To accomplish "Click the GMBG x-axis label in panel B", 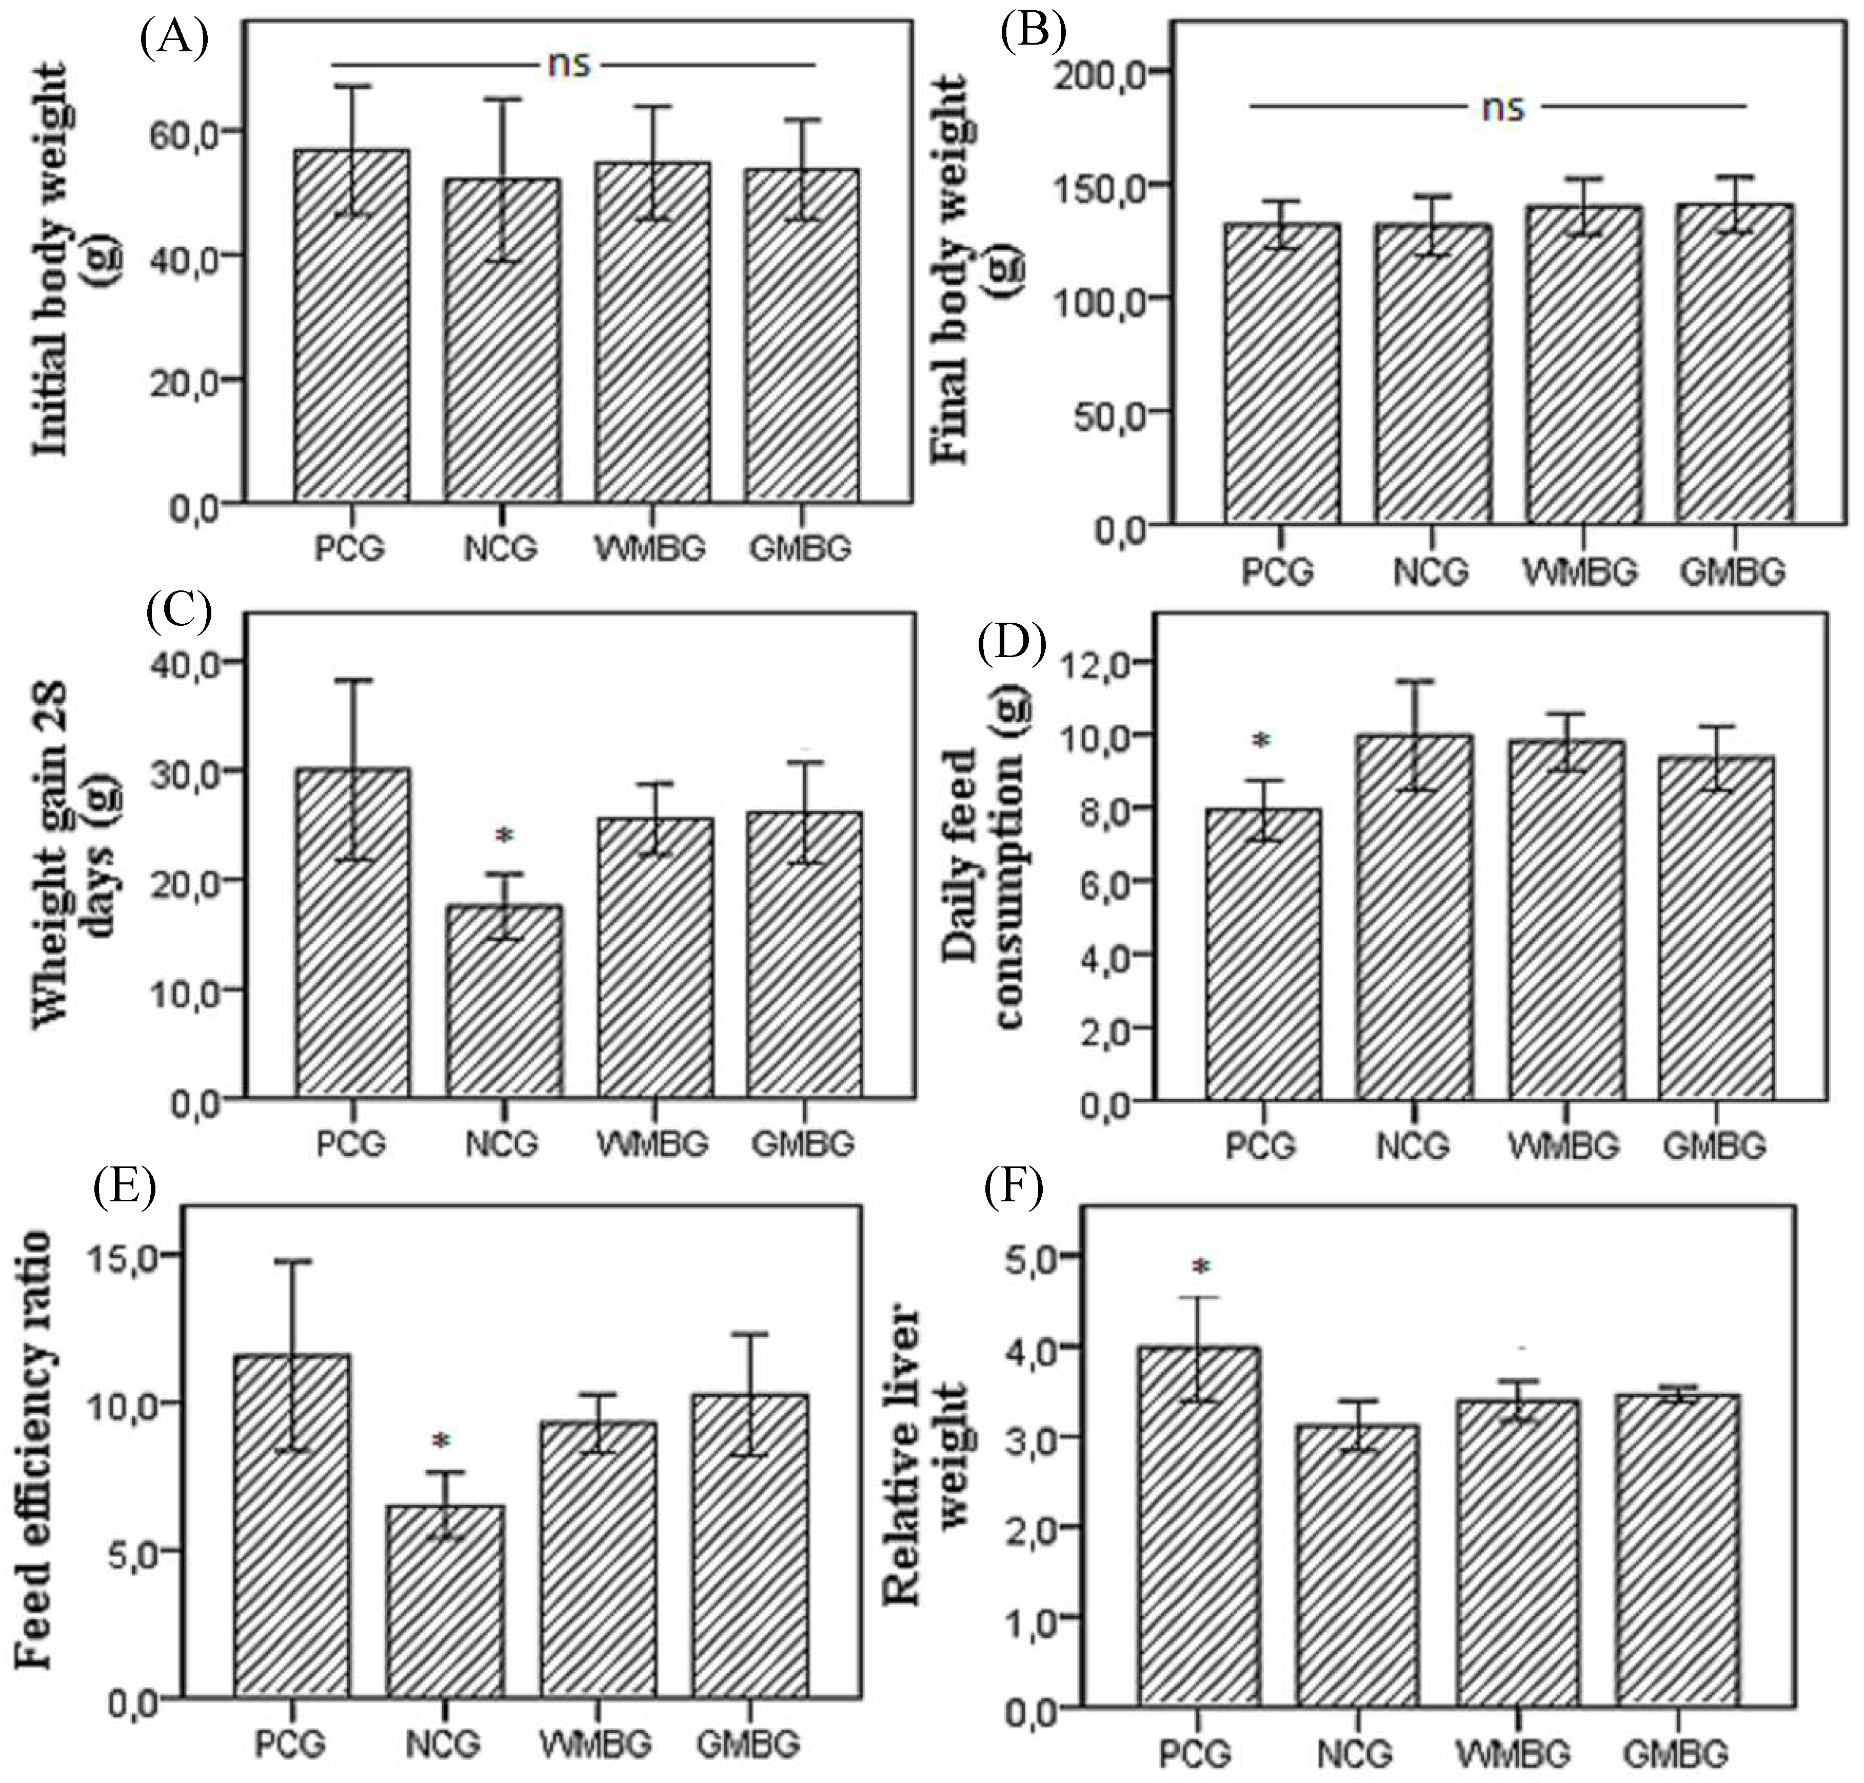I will click(1731, 571).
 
